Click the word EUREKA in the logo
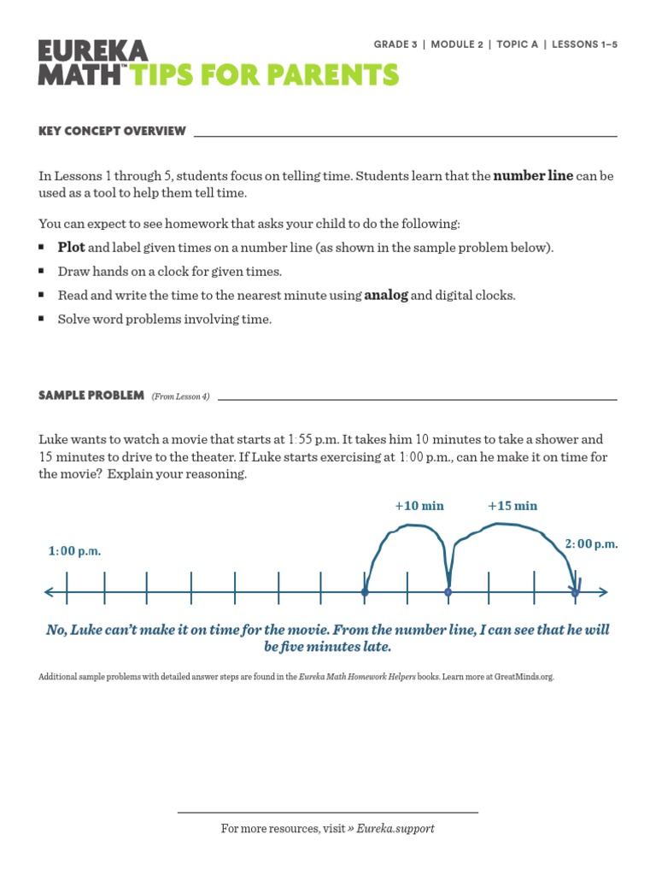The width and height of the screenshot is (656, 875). coord(93,50)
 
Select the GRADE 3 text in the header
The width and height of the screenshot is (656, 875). coord(398,44)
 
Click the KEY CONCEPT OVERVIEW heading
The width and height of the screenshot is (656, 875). coord(112,131)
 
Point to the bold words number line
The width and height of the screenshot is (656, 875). coord(533,176)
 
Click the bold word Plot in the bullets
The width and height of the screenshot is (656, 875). coord(71,248)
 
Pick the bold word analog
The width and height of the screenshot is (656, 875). coord(386,296)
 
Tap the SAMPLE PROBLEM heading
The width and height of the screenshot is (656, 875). coord(91,395)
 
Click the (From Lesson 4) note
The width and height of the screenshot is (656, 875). coord(180,396)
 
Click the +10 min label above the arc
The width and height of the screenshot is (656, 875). coord(419,505)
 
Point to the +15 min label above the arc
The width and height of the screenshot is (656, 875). coord(512,505)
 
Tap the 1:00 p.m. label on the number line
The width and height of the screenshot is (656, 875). coord(74,551)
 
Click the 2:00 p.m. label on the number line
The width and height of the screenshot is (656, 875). coord(591,543)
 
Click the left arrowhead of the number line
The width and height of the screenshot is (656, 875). coord(48,591)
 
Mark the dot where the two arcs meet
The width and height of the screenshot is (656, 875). coord(448,591)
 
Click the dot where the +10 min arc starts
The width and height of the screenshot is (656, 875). coord(365,591)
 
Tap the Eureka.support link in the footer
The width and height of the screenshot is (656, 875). coord(395,828)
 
